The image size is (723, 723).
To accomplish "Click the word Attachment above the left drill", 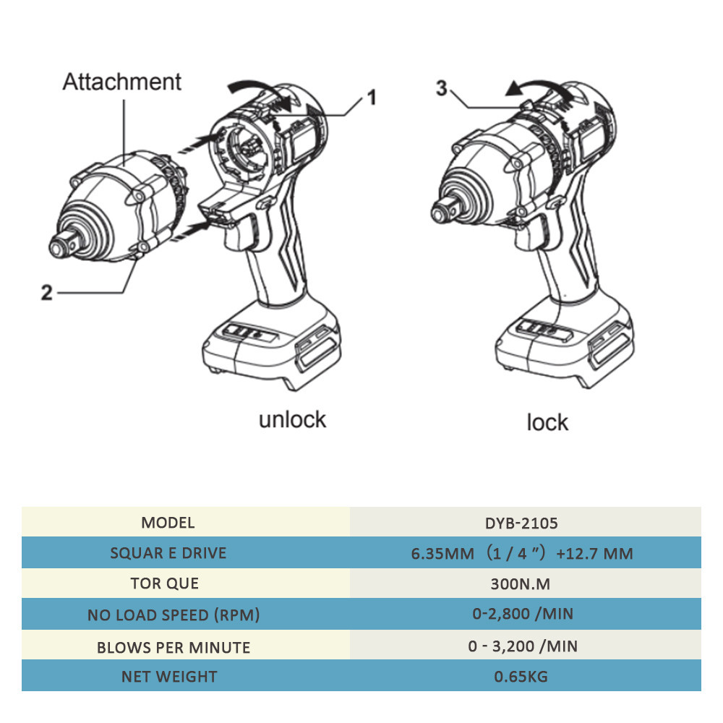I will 121,82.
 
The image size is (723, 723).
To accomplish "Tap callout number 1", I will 372,97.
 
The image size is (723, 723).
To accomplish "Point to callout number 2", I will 46,293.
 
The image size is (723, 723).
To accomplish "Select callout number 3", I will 442,88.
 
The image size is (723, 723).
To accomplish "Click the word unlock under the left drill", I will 292,419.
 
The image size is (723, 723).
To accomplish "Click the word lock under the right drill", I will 547,422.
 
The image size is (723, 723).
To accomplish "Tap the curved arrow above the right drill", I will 536,87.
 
